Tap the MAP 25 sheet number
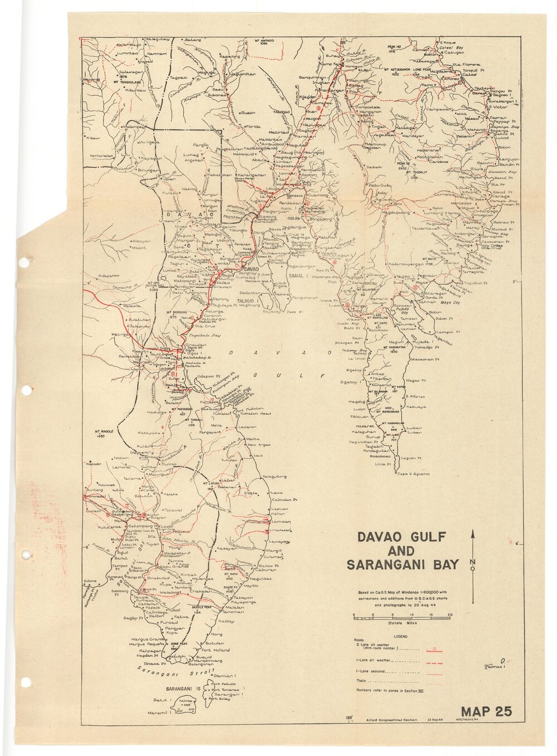[x=486, y=711]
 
